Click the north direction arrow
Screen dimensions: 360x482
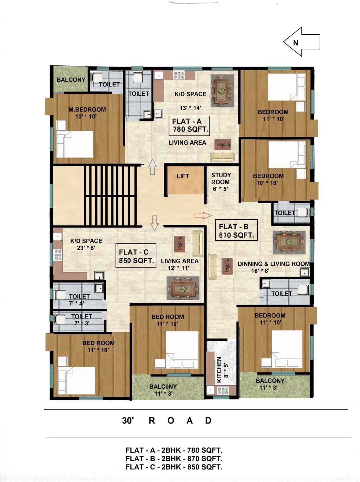pyautogui.click(x=302, y=42)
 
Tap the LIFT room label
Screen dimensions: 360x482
pyautogui.click(x=183, y=176)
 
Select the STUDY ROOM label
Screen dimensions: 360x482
pyautogui.click(x=221, y=179)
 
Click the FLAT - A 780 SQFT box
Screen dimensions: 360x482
pyautogui.click(x=189, y=126)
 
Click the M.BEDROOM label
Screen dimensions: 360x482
pyautogui.click(x=87, y=109)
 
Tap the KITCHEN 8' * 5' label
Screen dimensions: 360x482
pyautogui.click(x=222, y=370)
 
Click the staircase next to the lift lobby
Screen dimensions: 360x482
pyautogui.click(x=110, y=196)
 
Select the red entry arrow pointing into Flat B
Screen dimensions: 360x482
pyautogui.click(x=203, y=215)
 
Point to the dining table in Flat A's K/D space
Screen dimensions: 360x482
pyautogui.click(x=222, y=91)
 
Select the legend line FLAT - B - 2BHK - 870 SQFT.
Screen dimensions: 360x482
pyautogui.click(x=174, y=459)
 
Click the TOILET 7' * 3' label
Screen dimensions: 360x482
pyautogui.click(x=81, y=320)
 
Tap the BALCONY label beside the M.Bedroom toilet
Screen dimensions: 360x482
pyautogui.click(x=71, y=80)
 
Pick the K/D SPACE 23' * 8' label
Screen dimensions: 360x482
pyautogui.click(x=86, y=244)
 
